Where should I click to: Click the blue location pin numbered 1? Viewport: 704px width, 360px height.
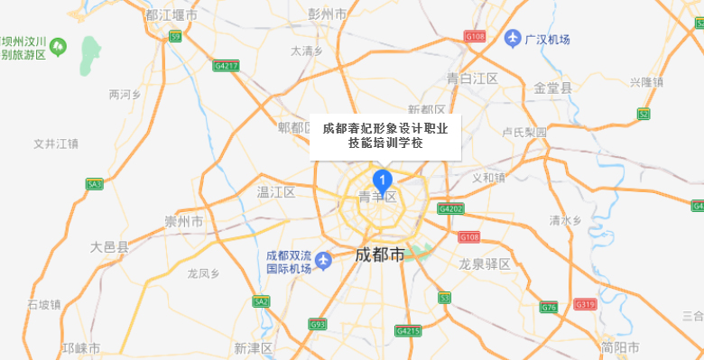click(x=381, y=178)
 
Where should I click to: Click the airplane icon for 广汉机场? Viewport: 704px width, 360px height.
click(x=513, y=38)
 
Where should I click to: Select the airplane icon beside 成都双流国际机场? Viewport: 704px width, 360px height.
click(x=325, y=261)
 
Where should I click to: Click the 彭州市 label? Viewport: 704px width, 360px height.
click(x=328, y=14)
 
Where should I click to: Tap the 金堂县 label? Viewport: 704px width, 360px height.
click(x=553, y=88)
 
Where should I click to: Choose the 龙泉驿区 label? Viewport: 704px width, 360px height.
click(x=485, y=264)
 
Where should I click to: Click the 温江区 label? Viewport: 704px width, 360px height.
click(x=276, y=192)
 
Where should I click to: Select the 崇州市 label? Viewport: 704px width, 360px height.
click(x=184, y=221)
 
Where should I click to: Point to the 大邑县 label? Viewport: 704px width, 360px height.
click(x=110, y=245)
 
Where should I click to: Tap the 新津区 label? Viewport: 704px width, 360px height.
click(x=253, y=348)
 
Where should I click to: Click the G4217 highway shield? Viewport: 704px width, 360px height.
click(x=227, y=65)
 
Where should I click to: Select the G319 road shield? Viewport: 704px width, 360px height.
click(x=587, y=304)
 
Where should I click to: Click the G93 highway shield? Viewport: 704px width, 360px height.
click(x=317, y=324)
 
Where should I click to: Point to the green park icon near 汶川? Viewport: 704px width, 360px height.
click(x=59, y=44)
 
